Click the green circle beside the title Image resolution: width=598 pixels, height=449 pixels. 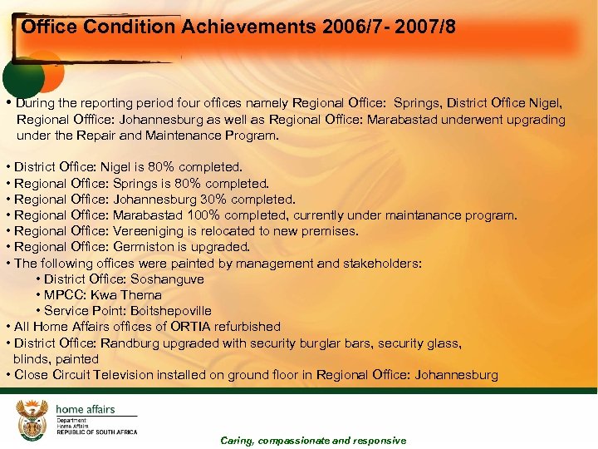point(22,74)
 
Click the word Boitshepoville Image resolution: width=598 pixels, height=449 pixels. point(172,311)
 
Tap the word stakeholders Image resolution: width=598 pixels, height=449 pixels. point(383,264)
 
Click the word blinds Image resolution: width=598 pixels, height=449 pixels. point(30,359)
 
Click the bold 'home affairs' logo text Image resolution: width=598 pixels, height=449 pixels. point(85,410)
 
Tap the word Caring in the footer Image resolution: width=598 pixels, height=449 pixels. point(238,441)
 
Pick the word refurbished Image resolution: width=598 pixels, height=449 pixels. point(248,327)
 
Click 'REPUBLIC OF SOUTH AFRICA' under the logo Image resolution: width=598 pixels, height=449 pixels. point(96,432)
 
